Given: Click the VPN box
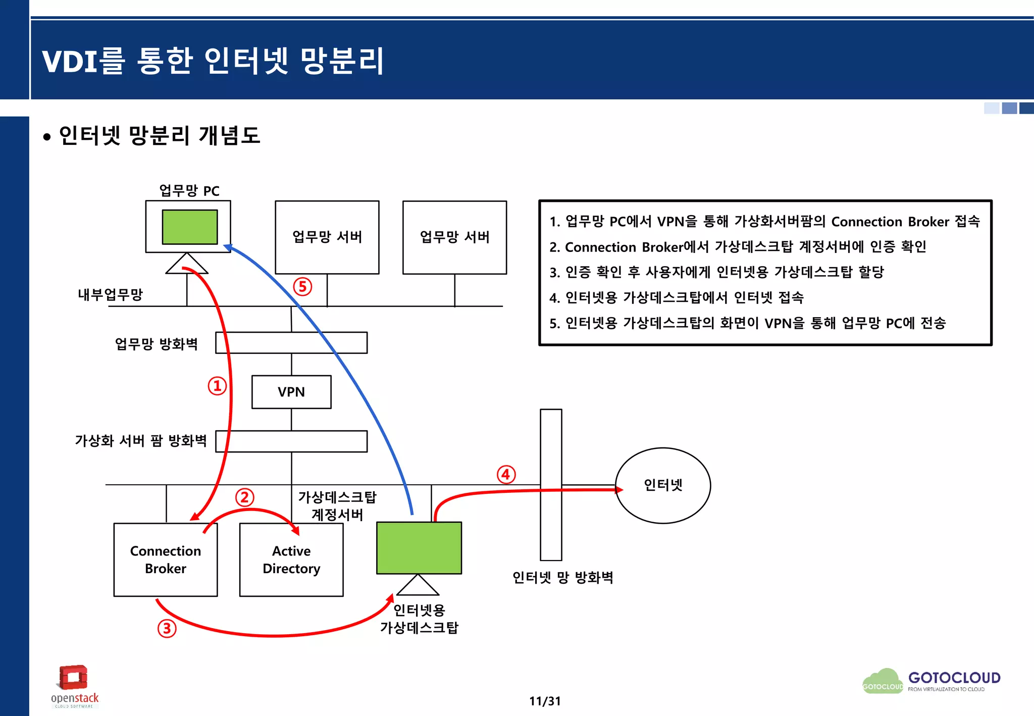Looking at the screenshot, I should pyautogui.click(x=291, y=392).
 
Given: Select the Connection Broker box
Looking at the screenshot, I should pyautogui.click(x=166, y=559).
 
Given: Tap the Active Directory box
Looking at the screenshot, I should pyautogui.click(x=291, y=559).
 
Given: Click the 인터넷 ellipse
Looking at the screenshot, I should pyautogui.click(x=662, y=485).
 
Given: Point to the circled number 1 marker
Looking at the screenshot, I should pyautogui.click(x=217, y=386).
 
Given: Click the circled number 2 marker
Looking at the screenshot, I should pyautogui.click(x=244, y=497).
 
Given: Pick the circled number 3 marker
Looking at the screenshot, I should pyautogui.click(x=167, y=629).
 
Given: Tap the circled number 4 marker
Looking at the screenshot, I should pyautogui.click(x=506, y=475).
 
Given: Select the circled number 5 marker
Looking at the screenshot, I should pyautogui.click(x=302, y=287).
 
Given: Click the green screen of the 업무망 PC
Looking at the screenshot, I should pyautogui.click(x=190, y=227).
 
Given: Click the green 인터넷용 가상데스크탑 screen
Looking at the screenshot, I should pyautogui.click(x=419, y=548).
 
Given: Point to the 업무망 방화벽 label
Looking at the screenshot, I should pyautogui.click(x=156, y=344).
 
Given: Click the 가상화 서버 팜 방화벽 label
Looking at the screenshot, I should pyautogui.click(x=141, y=441).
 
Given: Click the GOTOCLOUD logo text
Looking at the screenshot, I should pyautogui.click(x=954, y=678).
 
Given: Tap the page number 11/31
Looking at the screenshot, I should pyautogui.click(x=545, y=701).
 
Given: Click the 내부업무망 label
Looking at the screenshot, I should pyautogui.click(x=110, y=294).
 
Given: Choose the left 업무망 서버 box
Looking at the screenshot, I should pyautogui.click(x=327, y=237).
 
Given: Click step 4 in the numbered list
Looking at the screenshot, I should pyautogui.click(x=676, y=297).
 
